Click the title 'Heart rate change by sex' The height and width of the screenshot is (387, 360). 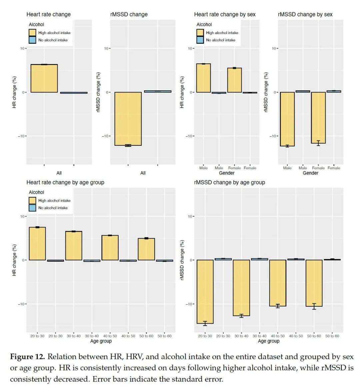[225, 14]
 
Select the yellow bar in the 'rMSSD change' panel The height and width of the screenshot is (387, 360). [128, 119]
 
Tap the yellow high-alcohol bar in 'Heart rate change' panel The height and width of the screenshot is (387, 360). [44, 78]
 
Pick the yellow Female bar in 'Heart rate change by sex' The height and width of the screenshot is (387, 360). [234, 80]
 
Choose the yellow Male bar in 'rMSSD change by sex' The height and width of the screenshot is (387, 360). [287, 119]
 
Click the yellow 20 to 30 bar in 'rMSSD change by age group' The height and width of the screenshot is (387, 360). [205, 292]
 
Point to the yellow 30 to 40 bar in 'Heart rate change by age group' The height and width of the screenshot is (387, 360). [74, 246]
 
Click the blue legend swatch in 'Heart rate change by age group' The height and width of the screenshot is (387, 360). [32, 208]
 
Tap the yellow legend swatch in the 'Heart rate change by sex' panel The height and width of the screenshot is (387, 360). [200, 33]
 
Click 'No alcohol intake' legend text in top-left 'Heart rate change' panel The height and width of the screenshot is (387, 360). [53, 40]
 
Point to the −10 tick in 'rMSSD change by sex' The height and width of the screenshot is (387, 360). [274, 136]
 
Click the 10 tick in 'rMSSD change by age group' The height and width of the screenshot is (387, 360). [190, 217]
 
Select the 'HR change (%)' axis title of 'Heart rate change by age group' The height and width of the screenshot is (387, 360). [14, 260]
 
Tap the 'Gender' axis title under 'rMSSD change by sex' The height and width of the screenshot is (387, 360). [310, 173]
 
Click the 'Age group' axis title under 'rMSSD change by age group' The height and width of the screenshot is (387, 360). [268, 341]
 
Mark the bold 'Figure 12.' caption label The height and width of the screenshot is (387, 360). [27, 357]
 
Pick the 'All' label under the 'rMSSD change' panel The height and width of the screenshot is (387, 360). [143, 173]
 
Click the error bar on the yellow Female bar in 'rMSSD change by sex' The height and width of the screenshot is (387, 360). [318, 143]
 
